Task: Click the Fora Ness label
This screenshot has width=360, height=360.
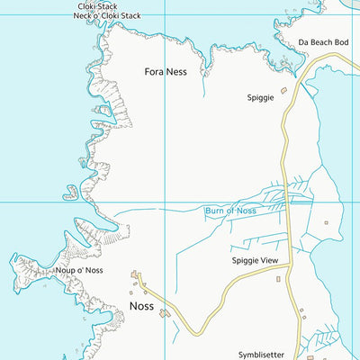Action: click(165, 71)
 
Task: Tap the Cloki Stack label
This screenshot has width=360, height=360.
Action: click(98, 6)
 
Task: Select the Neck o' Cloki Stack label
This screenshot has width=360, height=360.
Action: click(108, 16)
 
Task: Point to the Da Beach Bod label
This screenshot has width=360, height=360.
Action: click(322, 42)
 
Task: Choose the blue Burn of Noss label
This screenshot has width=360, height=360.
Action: click(230, 211)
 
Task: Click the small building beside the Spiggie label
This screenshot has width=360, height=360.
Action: click(283, 90)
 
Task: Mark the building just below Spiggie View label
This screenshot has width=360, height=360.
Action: click(278, 279)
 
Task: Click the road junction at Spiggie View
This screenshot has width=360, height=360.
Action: click(287, 267)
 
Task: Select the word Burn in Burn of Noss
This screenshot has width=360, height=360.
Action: click(216, 211)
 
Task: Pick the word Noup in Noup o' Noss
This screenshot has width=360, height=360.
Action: click(65, 269)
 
